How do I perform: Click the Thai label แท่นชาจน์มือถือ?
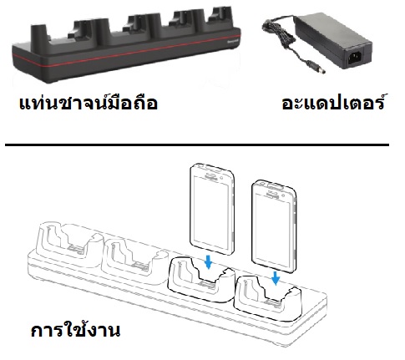click(x=89, y=103)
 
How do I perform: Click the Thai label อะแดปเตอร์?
click(x=333, y=102)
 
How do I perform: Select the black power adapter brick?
click(x=333, y=40)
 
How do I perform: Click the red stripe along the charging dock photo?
click(x=127, y=52)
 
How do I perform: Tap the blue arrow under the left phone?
click(x=208, y=262)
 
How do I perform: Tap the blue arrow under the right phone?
click(x=276, y=278)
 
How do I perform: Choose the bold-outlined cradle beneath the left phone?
click(x=201, y=280)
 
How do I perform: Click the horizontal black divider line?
click(x=197, y=145)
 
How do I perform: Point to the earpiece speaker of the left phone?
click(x=212, y=175)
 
